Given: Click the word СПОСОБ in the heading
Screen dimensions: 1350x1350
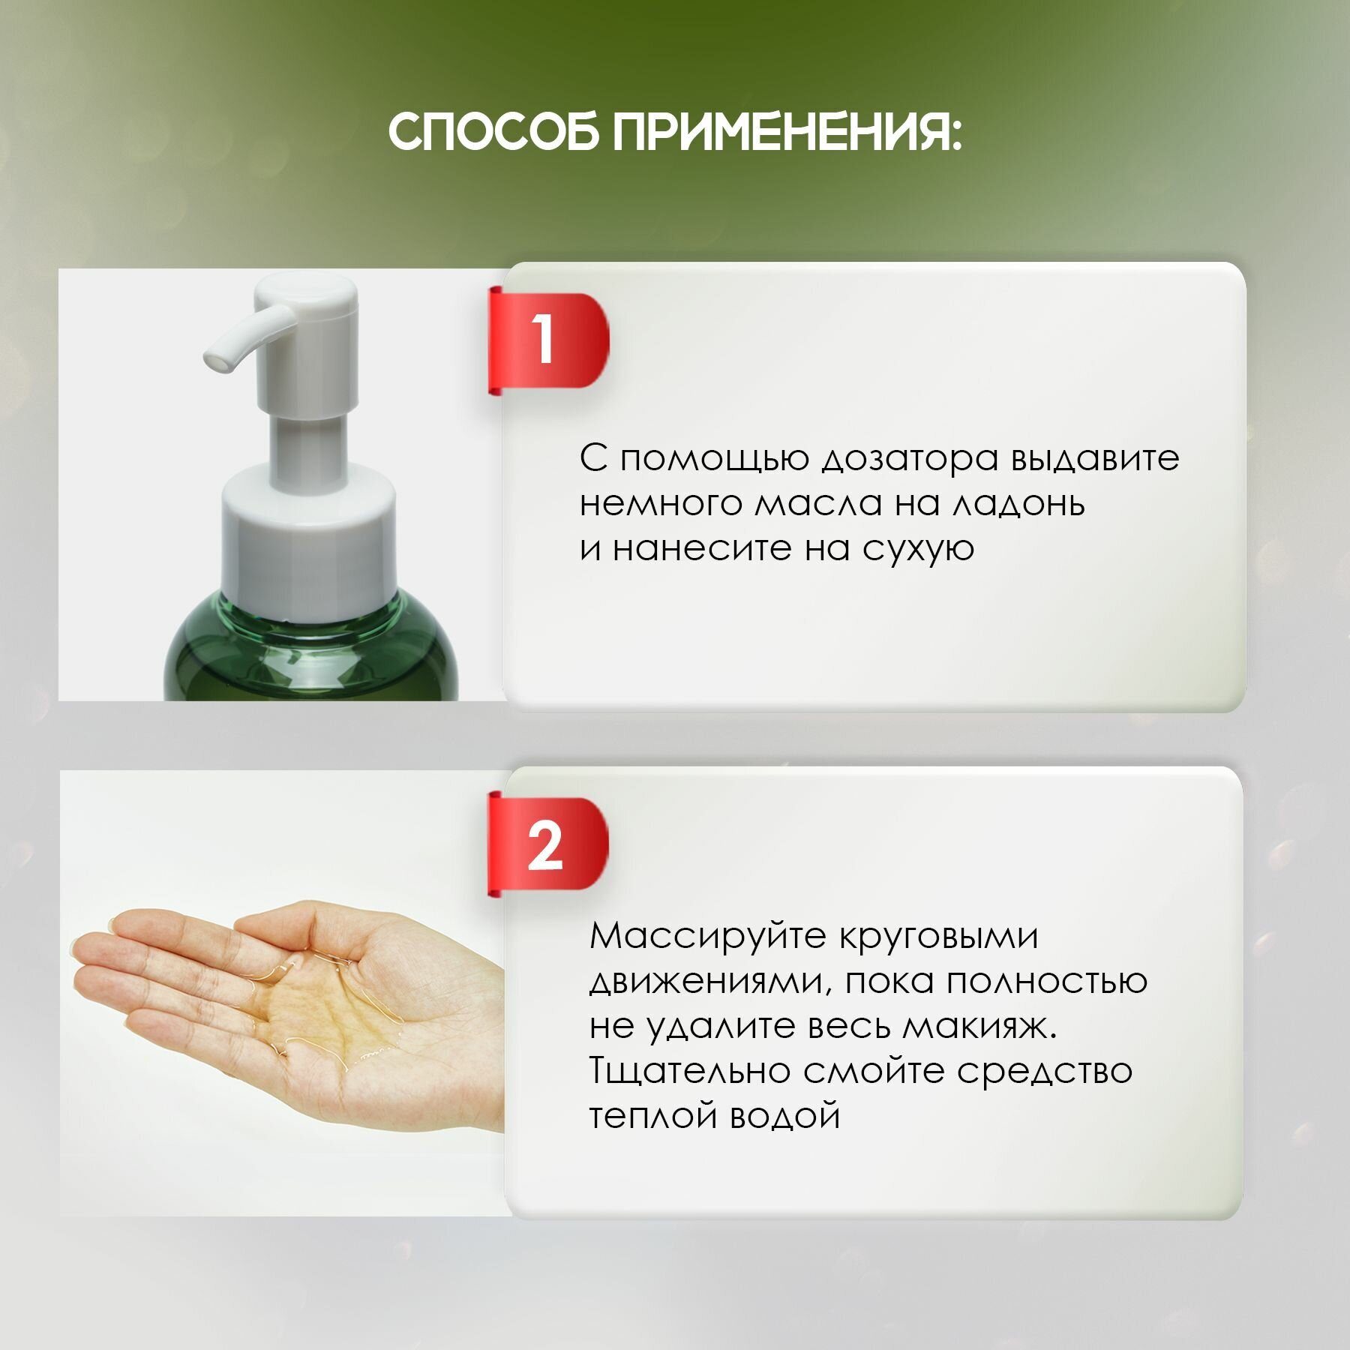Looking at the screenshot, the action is pyautogui.click(x=493, y=133).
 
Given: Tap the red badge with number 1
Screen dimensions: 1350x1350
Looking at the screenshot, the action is pyautogui.click(x=548, y=340).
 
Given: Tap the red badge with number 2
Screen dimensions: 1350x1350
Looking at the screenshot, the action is pyautogui.click(x=548, y=845).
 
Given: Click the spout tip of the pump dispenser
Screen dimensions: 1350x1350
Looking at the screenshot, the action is pyautogui.click(x=217, y=362).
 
